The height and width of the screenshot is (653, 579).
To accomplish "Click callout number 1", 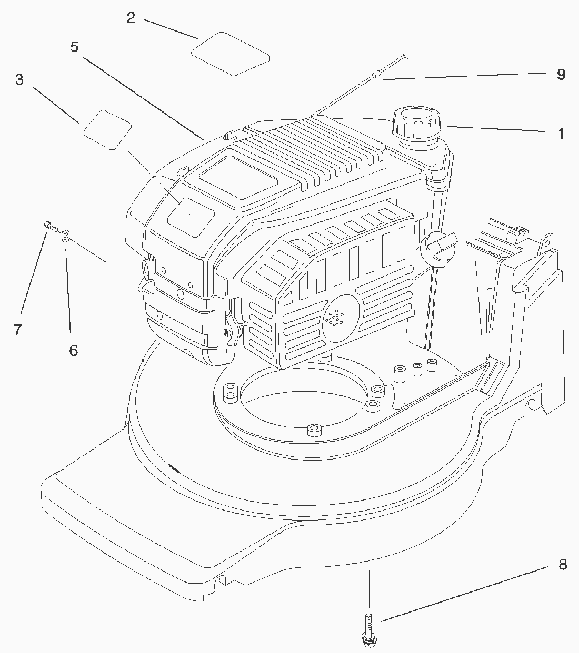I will (561, 133).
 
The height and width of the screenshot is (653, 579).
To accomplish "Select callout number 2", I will (131, 17).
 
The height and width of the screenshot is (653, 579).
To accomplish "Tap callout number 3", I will (19, 80).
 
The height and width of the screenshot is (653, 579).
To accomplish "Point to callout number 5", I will (74, 47).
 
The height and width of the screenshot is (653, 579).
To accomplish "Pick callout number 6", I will (73, 350).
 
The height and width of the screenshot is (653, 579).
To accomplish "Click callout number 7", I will (17, 330).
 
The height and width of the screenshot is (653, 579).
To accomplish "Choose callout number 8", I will (563, 565).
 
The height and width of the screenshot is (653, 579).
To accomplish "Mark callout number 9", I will (561, 74).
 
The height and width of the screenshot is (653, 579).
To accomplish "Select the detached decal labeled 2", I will (231, 52).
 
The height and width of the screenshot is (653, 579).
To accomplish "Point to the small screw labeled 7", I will (51, 227).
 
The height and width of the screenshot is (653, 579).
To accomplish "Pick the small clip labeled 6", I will (66, 237).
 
